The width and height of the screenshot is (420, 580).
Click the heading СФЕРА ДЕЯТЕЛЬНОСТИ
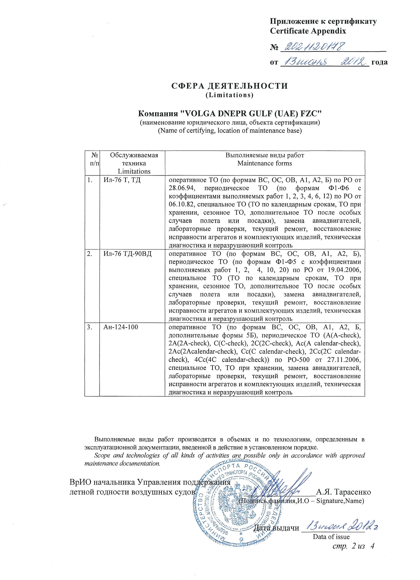click(x=229, y=86)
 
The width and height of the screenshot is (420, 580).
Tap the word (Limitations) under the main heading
click(x=229, y=95)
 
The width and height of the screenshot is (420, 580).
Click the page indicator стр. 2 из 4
click(x=353, y=546)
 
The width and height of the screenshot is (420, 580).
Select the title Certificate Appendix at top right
click(x=308, y=31)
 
